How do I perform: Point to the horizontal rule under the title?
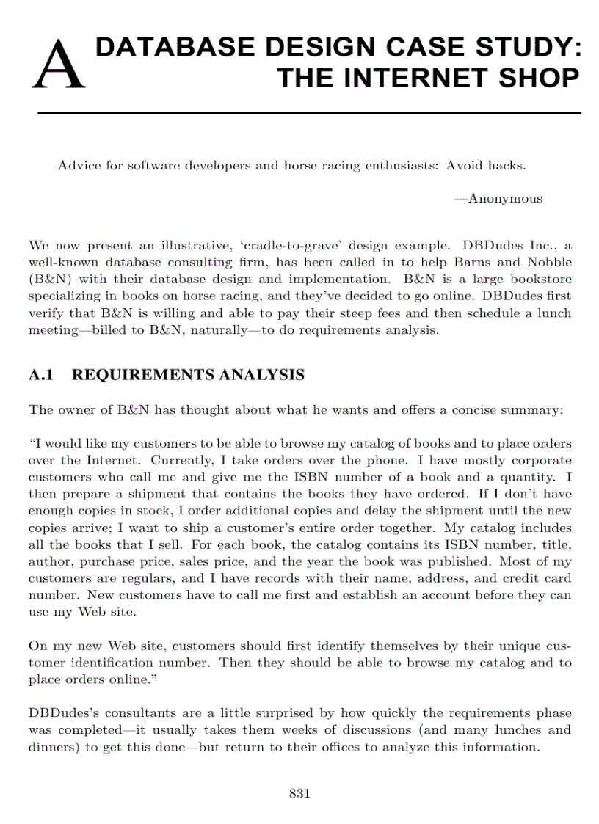click(x=309, y=113)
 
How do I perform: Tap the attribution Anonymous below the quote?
click(x=498, y=198)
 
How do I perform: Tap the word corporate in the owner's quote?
click(x=538, y=461)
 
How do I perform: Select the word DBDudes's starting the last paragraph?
click(x=58, y=713)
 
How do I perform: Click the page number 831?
click(x=299, y=793)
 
